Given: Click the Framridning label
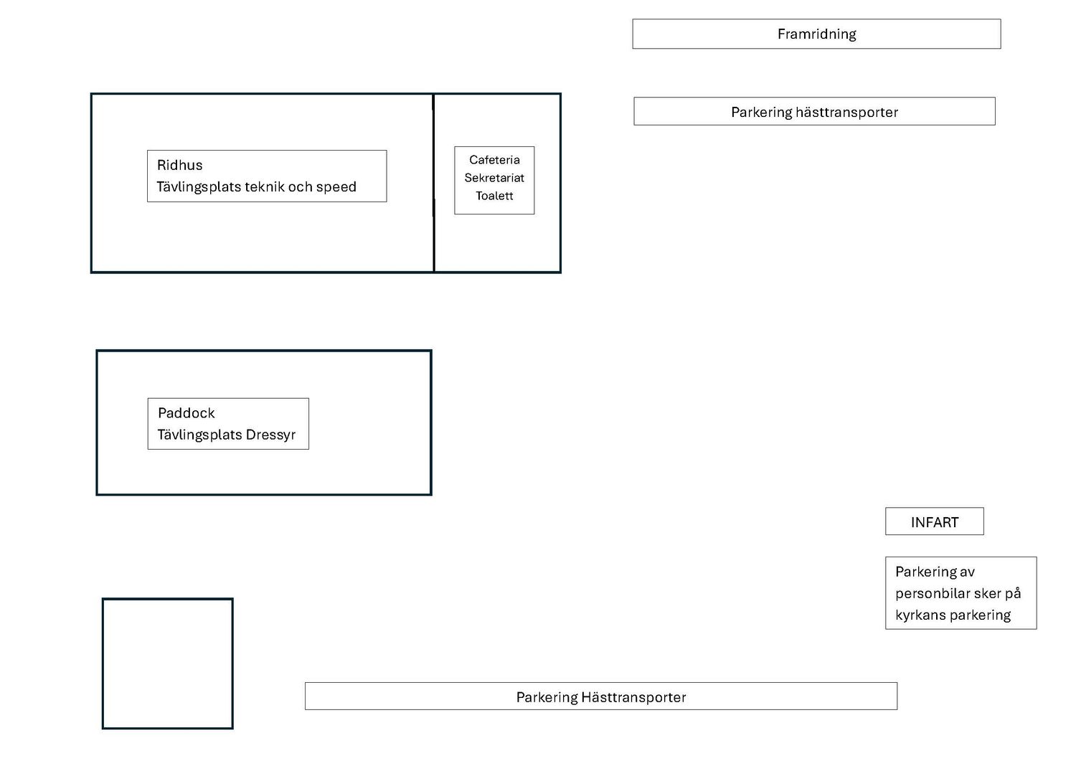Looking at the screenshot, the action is [816, 34].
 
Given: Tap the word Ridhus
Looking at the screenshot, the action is [179, 165].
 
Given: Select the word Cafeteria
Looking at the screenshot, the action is [494, 160].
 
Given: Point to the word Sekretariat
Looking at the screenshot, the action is [494, 178].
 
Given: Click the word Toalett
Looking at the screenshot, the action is [494, 196].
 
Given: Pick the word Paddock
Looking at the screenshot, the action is [187, 413].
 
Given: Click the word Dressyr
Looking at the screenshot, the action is [270, 435].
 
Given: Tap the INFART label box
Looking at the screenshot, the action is [934, 521].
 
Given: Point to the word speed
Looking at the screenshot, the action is [336, 187].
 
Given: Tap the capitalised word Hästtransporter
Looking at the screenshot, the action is [633, 697].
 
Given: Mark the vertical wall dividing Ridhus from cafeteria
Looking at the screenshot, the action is [434, 183].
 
